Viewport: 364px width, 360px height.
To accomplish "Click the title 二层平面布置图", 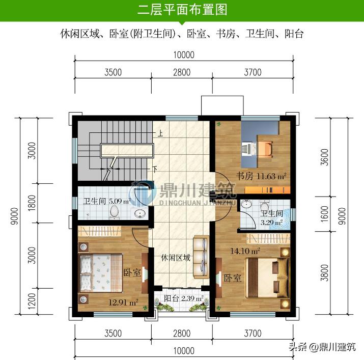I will tap(182, 10).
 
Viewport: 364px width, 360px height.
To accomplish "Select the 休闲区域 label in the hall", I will tap(176, 258).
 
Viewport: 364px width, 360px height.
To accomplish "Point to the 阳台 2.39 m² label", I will tap(184, 298).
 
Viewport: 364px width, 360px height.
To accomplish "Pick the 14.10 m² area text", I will tap(245, 250).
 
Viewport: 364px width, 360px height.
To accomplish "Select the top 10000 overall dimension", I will tap(183, 55).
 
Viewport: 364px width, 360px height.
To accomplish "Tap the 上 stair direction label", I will tap(160, 135).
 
